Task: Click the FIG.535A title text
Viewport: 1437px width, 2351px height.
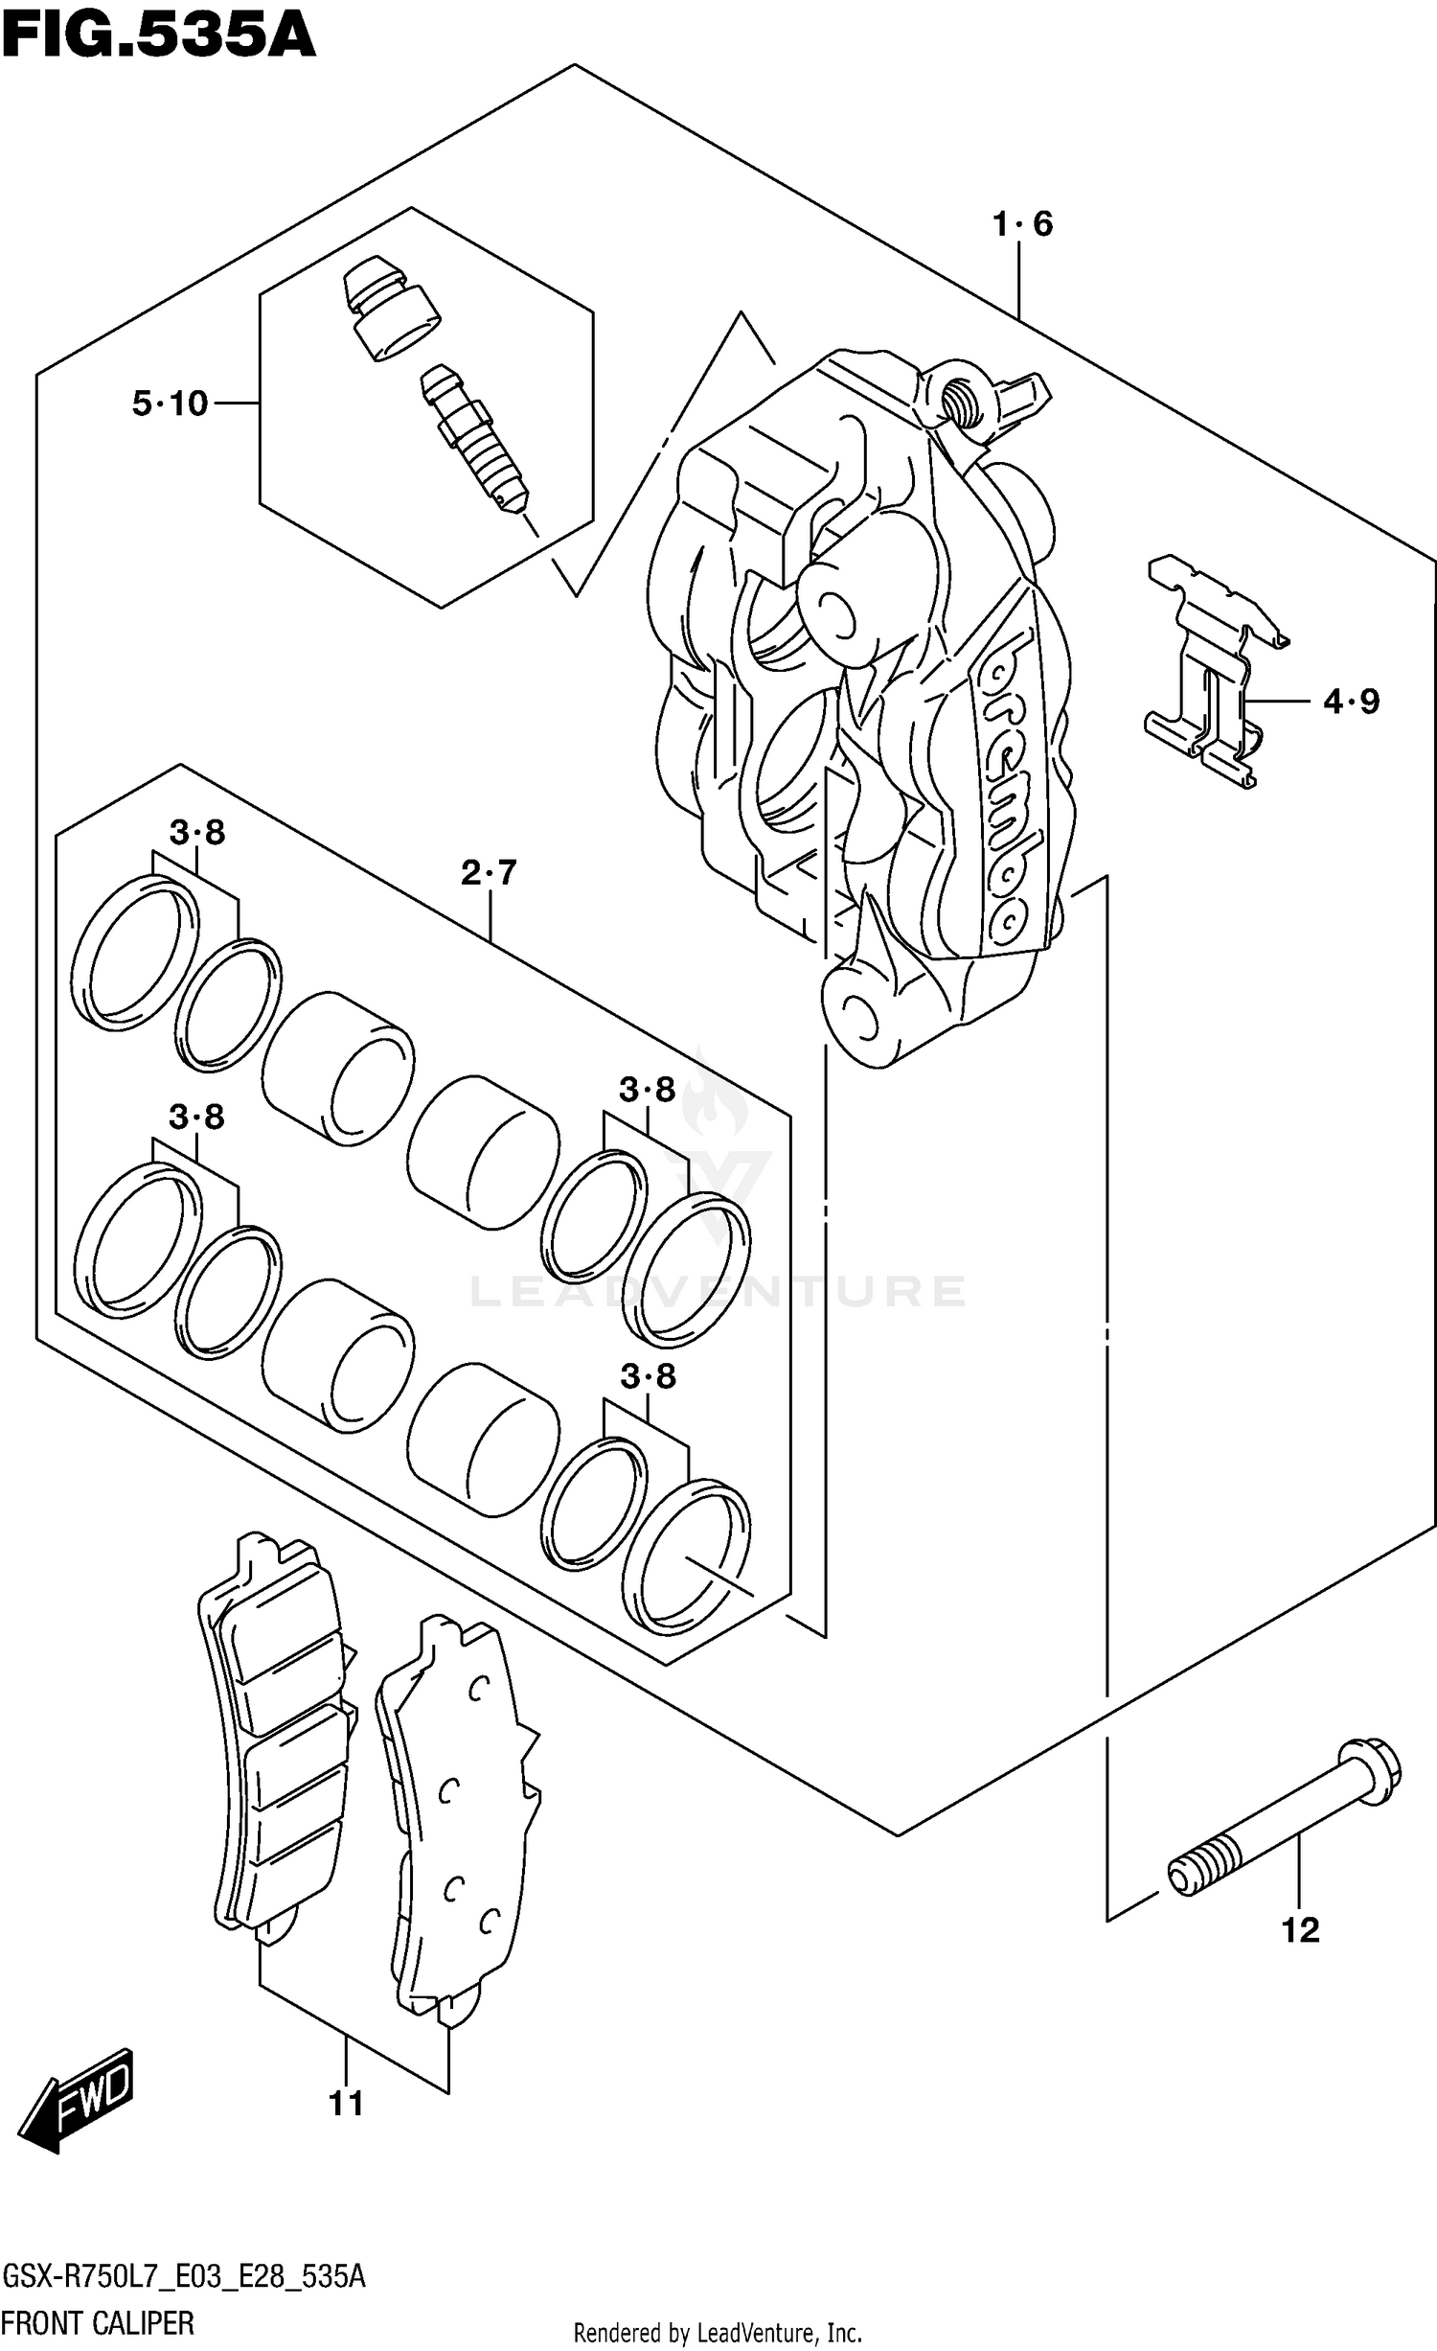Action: pos(158,36)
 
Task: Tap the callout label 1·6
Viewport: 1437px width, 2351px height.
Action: pos(1022,224)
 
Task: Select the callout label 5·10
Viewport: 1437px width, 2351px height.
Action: pos(170,403)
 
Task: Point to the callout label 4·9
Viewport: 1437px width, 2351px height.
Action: pos(1351,702)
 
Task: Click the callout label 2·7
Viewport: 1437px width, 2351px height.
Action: pos(489,872)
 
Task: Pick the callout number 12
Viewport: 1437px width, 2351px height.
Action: pos(1300,1929)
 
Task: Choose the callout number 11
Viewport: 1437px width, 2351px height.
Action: pos(346,2104)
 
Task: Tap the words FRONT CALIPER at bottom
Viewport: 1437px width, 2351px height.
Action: pos(98,2322)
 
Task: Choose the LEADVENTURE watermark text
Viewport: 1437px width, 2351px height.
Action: pos(718,1291)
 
